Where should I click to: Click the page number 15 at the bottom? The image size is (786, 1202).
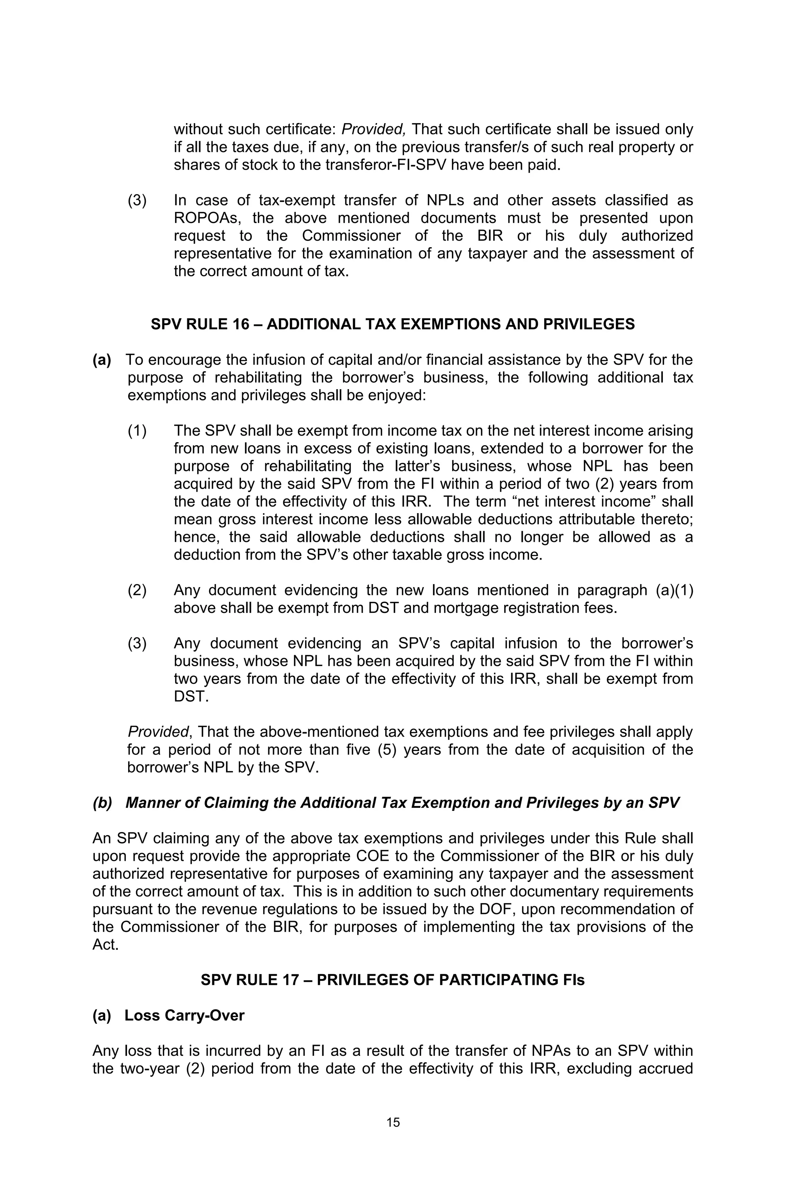pyautogui.click(x=393, y=1122)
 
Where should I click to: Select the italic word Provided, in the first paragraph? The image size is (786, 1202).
pyautogui.click(x=373, y=130)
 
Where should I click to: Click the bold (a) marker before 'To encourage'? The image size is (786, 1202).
pyautogui.click(x=102, y=360)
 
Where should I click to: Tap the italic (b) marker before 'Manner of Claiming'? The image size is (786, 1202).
pyautogui.click(x=102, y=803)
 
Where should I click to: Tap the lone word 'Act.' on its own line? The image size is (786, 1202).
pyautogui.click(x=106, y=944)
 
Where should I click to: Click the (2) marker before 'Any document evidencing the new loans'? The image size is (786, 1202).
pyautogui.click(x=137, y=590)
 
